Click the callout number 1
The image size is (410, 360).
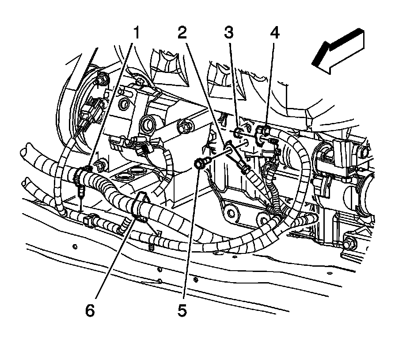(137, 32)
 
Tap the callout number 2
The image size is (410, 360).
(182, 32)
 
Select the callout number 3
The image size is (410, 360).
(228, 32)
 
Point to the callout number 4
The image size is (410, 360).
(275, 32)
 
